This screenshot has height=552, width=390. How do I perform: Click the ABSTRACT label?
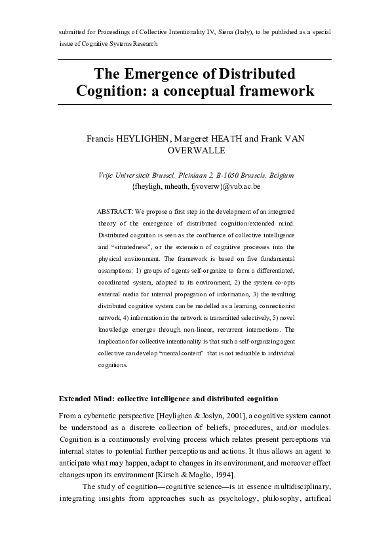[114, 212]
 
